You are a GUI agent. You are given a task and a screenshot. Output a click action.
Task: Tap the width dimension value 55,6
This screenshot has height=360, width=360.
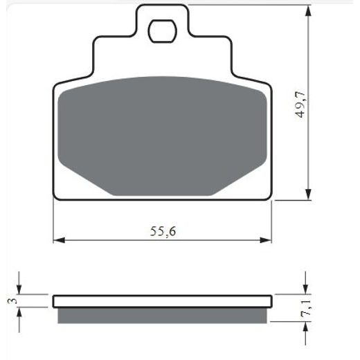tap(161, 231)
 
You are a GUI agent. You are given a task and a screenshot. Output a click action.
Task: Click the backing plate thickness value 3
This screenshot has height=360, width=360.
tap(11, 300)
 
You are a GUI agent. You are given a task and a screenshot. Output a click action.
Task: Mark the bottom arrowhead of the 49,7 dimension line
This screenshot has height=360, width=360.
tap(306, 196)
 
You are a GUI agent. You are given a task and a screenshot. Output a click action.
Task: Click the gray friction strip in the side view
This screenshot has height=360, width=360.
tap(162, 315)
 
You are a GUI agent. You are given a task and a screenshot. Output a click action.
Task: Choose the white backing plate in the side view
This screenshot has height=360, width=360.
tap(162, 301)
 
